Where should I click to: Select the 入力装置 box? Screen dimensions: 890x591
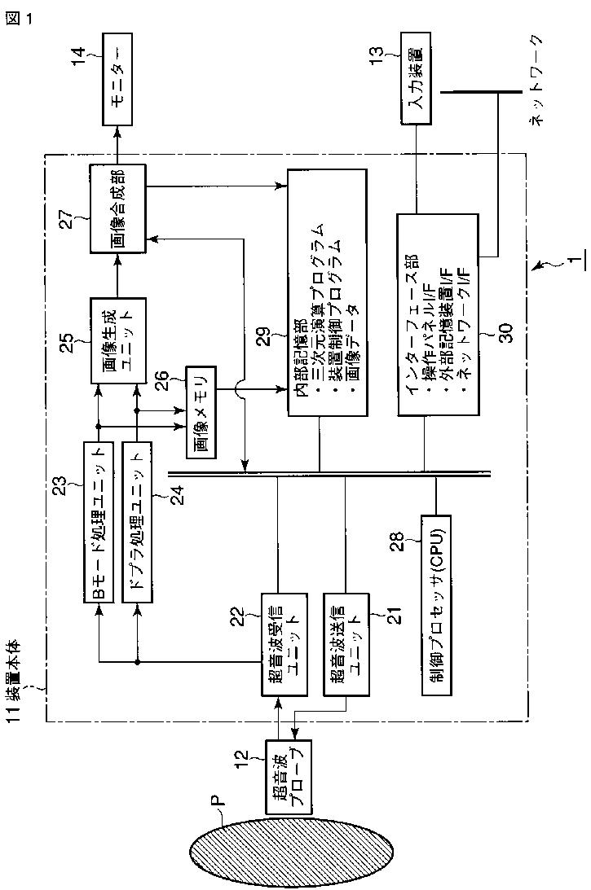coord(415,78)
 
